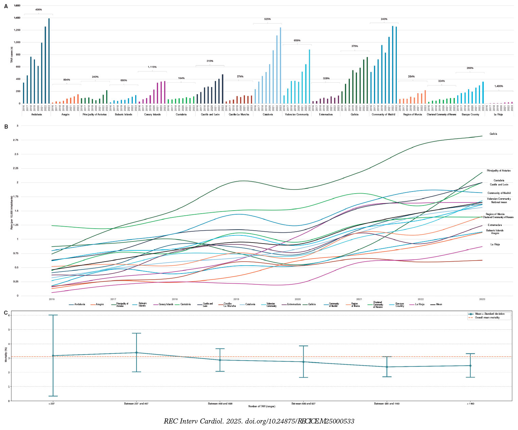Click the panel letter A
point(6,6)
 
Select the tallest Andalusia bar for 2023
point(49,61)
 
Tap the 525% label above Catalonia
point(267,19)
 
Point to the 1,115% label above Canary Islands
point(152,67)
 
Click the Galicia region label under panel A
point(355,115)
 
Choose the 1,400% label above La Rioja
point(499,86)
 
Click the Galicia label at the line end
point(493,134)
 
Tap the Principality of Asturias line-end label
point(498,171)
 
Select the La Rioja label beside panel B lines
point(495,245)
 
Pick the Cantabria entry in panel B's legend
point(185,304)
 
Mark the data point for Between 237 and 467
point(136,353)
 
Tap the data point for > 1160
point(470,366)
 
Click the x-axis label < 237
point(51,404)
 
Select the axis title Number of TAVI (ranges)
point(262,407)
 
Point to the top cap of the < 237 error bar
point(53,315)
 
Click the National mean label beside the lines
point(499,202)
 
